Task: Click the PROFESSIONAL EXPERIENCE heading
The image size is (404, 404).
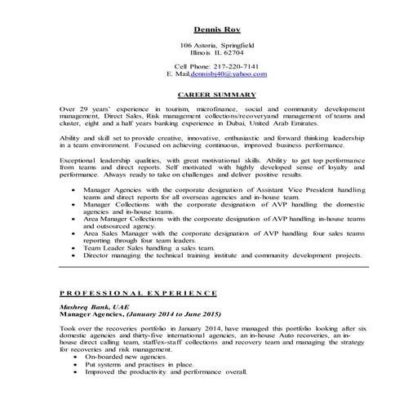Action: [x=138, y=292]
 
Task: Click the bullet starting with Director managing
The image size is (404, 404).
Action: [x=220, y=255]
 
